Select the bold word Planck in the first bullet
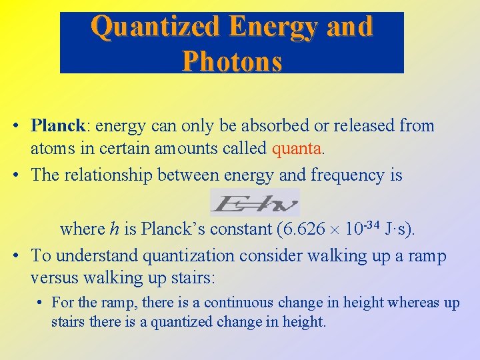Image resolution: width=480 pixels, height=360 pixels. [58, 125]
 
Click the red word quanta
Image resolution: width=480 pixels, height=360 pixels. [298, 147]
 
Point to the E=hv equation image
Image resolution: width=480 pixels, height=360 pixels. [255, 202]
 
